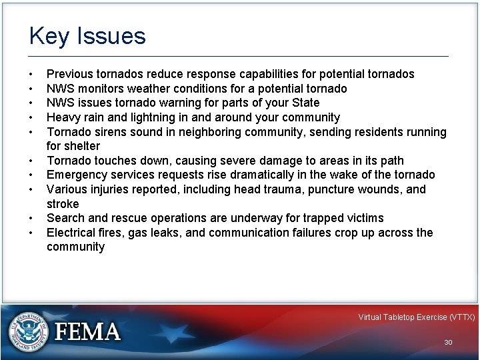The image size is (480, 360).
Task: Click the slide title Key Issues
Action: tap(87, 36)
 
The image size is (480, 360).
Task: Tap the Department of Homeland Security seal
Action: tap(28, 331)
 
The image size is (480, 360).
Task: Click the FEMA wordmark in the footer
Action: tap(88, 332)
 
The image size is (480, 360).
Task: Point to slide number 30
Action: tap(448, 342)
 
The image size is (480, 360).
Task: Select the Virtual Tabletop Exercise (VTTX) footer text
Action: tap(416, 317)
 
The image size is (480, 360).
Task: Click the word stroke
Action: tap(63, 204)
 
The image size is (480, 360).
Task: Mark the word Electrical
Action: tap(71, 233)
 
